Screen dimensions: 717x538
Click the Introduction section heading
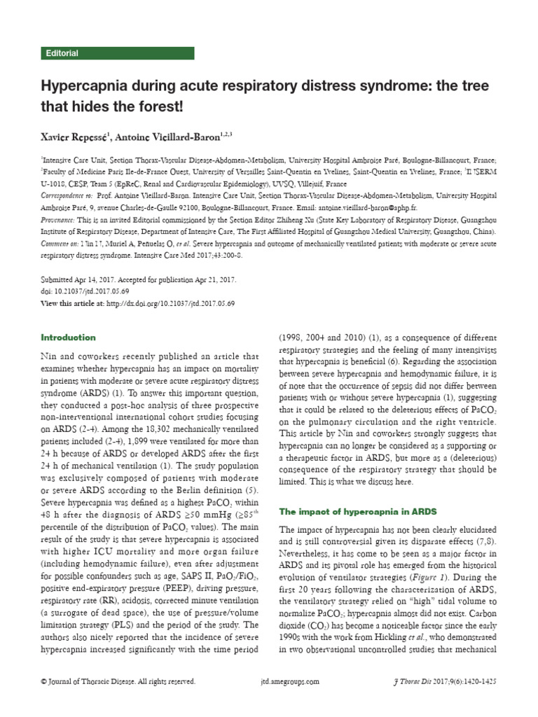tap(68, 337)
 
